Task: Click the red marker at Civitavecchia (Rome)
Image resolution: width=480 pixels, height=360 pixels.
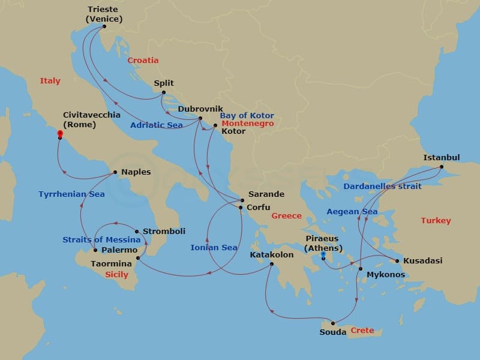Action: click(x=60, y=134)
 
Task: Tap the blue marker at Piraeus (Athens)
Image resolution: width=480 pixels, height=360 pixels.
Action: click(x=323, y=255)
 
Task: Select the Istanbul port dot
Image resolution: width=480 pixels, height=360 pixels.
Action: click(x=442, y=167)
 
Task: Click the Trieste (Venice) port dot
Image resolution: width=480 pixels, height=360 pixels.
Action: click(x=104, y=26)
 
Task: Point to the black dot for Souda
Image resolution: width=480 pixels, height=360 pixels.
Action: click(x=333, y=323)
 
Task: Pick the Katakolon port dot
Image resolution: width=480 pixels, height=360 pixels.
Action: click(x=272, y=264)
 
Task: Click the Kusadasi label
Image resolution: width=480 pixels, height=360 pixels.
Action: click(x=422, y=261)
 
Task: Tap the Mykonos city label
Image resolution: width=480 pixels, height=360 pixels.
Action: click(x=386, y=275)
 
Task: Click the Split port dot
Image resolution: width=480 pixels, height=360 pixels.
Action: click(x=163, y=92)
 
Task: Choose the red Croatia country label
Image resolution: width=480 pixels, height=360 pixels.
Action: click(x=143, y=61)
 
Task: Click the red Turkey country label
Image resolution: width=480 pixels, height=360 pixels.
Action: click(x=436, y=221)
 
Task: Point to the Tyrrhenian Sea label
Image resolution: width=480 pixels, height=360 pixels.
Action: click(x=71, y=194)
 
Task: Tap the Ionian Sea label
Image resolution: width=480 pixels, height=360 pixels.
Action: click(x=214, y=247)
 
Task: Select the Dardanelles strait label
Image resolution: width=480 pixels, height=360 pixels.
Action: click(x=382, y=187)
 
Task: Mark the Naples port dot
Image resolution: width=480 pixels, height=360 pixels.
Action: click(x=115, y=173)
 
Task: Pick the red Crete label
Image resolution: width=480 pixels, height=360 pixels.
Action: click(x=362, y=331)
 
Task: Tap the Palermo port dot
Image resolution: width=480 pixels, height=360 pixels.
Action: click(x=95, y=250)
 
